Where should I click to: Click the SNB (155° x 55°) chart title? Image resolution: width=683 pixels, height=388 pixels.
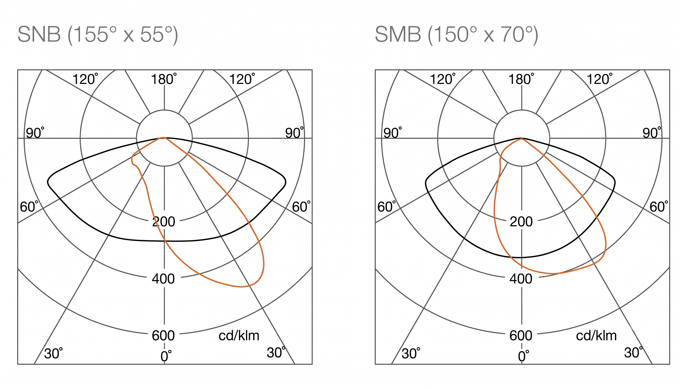pyautogui.click(x=98, y=35)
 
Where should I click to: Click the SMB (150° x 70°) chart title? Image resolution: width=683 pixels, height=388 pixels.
pyautogui.click(x=456, y=35)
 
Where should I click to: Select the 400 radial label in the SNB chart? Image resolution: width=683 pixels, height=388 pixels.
pyautogui.click(x=163, y=279)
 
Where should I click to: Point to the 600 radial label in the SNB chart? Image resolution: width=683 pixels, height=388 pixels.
pyautogui.click(x=163, y=335)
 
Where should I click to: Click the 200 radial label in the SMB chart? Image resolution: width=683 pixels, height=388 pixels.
pyautogui.click(x=521, y=222)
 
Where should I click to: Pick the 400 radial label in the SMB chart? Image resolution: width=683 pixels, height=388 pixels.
pyautogui.click(x=521, y=279)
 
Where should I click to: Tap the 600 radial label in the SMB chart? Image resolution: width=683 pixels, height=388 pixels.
pyautogui.click(x=521, y=335)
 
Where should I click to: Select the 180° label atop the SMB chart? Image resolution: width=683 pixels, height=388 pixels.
pyautogui.click(x=521, y=79)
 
